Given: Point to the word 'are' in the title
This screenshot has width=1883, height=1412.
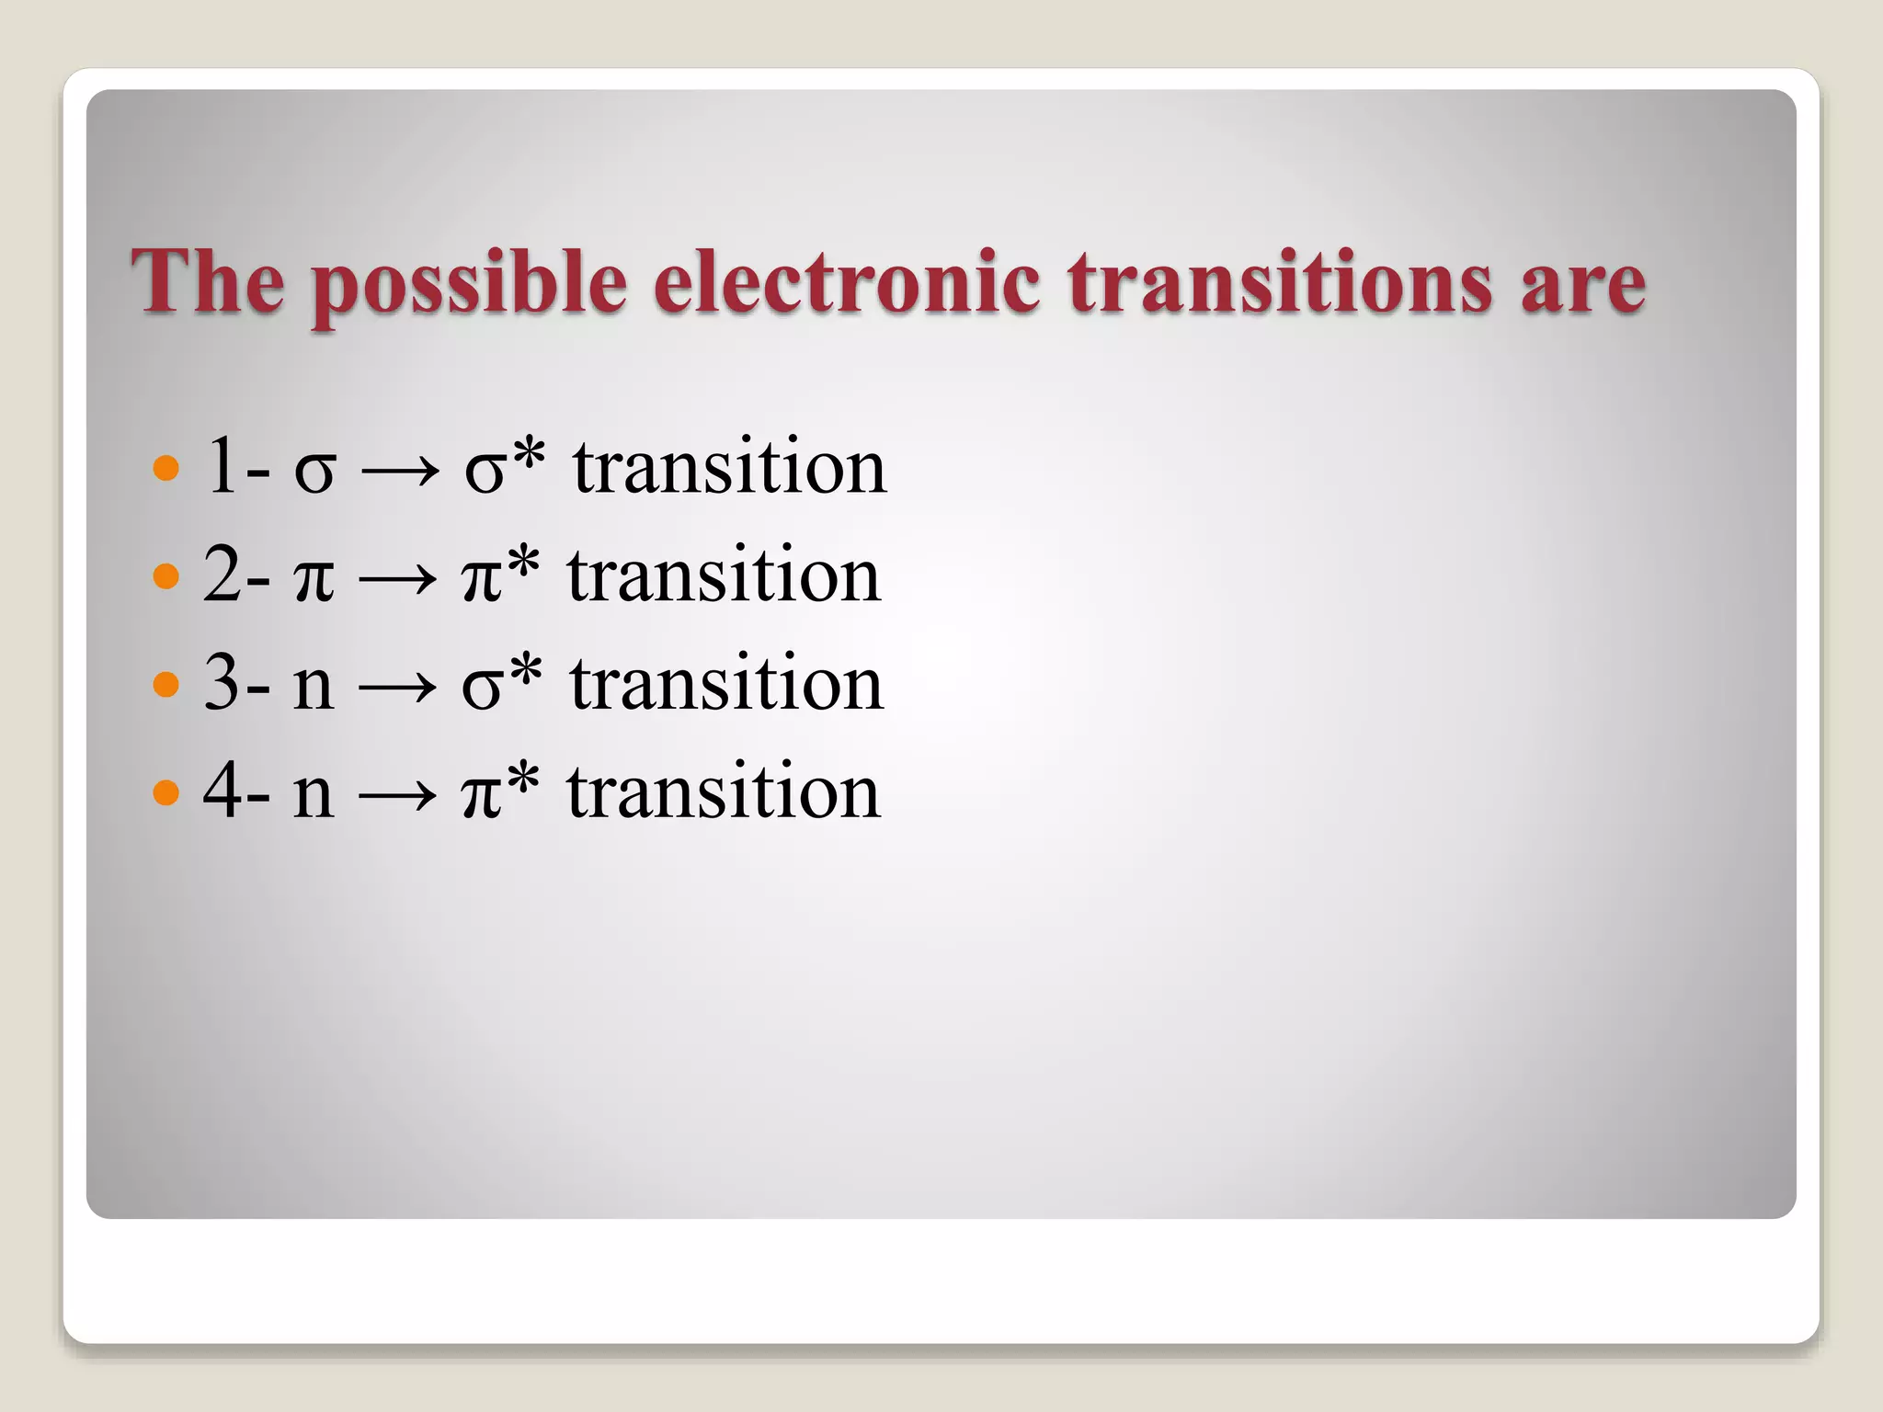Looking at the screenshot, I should point(1582,285).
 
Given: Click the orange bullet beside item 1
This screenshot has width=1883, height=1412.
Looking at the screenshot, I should point(165,469).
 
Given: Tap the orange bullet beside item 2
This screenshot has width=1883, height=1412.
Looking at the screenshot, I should point(165,576).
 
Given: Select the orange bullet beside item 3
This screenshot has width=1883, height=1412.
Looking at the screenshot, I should point(165,684).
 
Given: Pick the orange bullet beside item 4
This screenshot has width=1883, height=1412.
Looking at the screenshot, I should point(165,791).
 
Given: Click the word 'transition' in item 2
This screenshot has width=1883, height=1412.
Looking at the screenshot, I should point(724,575).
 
